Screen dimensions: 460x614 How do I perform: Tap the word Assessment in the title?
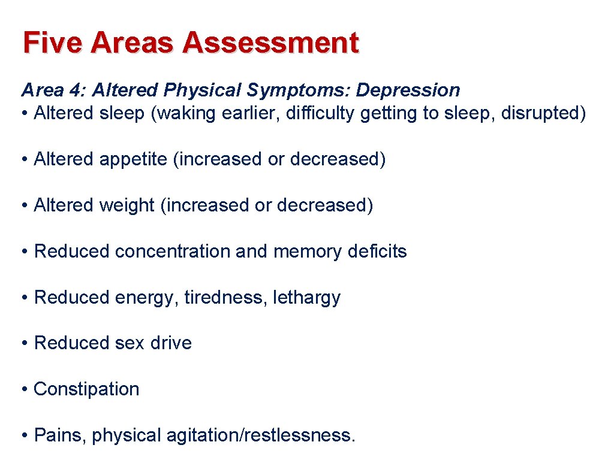coord(270,43)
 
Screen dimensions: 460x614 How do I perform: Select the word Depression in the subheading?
coord(408,90)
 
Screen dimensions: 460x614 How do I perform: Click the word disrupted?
coord(538,113)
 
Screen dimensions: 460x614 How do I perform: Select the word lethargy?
coord(307,298)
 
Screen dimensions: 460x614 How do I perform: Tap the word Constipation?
coord(86,389)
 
